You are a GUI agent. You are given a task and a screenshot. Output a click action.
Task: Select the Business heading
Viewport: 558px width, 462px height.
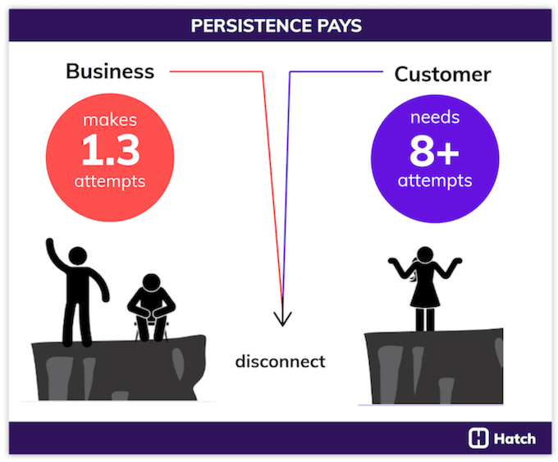click(x=109, y=71)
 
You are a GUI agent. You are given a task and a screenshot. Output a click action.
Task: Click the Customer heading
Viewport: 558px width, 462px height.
click(x=442, y=74)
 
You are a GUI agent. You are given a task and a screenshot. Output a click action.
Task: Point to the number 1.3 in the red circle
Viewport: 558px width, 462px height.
click(x=109, y=150)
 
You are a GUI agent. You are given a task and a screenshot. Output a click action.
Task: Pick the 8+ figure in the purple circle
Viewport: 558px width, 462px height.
click(x=434, y=150)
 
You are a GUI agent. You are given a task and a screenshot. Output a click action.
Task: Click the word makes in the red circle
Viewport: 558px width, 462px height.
click(x=109, y=121)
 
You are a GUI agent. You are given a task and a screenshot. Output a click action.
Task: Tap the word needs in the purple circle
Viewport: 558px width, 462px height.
click(x=435, y=118)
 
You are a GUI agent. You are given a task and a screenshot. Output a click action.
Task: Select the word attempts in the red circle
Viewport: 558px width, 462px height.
click(x=109, y=181)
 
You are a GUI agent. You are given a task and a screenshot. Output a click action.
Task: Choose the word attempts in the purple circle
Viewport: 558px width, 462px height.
click(x=435, y=180)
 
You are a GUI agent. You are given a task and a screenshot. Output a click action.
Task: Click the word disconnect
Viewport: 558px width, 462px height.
click(x=280, y=361)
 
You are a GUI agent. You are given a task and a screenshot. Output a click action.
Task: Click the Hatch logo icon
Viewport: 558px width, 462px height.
click(x=478, y=438)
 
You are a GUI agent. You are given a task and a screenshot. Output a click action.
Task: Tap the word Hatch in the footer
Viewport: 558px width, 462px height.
click(x=515, y=439)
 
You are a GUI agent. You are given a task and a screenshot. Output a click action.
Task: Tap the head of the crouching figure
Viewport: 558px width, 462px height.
click(x=152, y=285)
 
